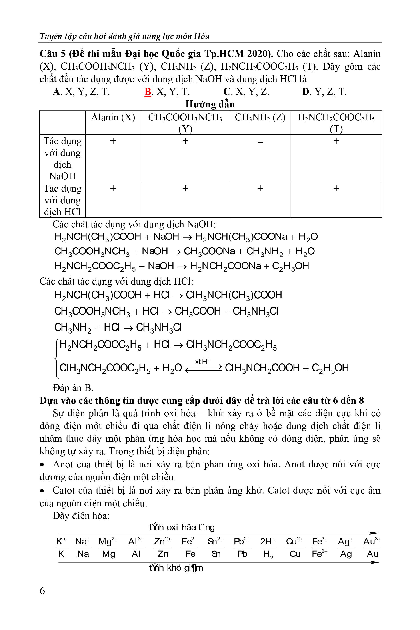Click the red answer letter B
coord(148,92)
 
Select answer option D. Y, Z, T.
coord(324,92)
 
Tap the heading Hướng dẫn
coord(210,104)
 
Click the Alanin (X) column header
coord(113,117)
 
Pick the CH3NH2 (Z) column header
coord(260,117)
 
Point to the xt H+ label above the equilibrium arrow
coord(203,361)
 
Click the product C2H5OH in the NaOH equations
coord(290,266)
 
